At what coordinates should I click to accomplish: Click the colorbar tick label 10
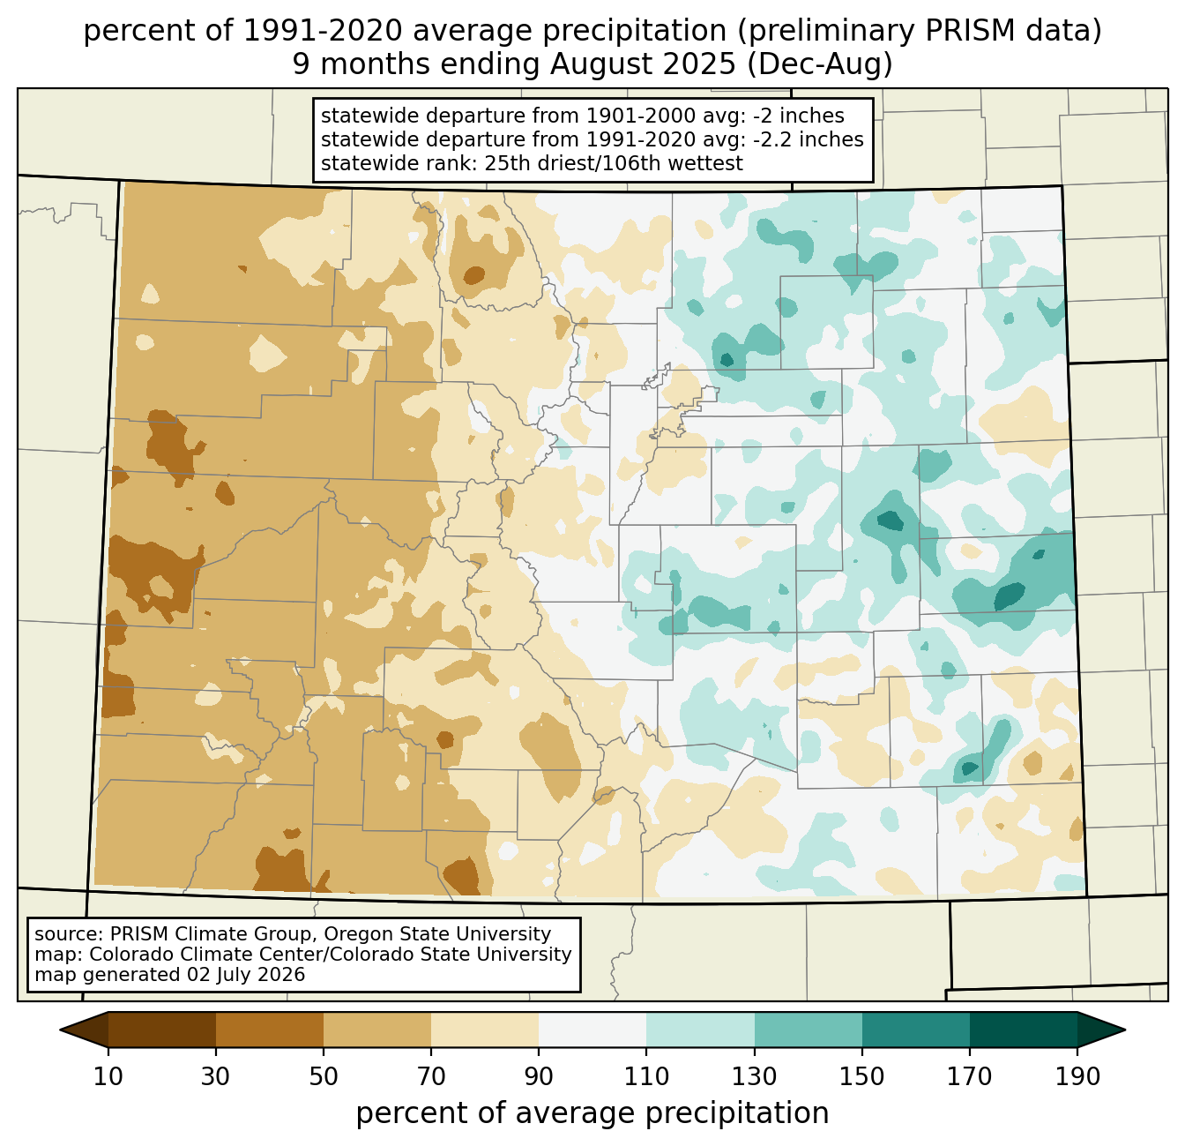[x=108, y=1076]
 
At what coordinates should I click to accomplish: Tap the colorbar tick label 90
[x=539, y=1076]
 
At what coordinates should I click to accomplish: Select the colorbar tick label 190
[x=1077, y=1076]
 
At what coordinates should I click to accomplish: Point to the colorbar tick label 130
[x=754, y=1076]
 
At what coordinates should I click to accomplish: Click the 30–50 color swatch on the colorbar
[x=269, y=1030]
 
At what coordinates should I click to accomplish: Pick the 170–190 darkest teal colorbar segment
[x=1023, y=1030]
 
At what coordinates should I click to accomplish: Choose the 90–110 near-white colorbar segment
[x=592, y=1030]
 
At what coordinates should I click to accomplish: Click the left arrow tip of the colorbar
[x=60, y=1030]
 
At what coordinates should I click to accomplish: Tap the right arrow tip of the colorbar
[x=1125, y=1030]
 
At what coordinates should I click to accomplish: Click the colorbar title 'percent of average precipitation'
[x=592, y=1113]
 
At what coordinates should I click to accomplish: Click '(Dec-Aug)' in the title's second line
[x=819, y=64]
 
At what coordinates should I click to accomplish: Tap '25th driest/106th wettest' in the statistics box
[x=613, y=163]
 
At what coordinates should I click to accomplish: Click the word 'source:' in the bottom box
[x=69, y=934]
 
